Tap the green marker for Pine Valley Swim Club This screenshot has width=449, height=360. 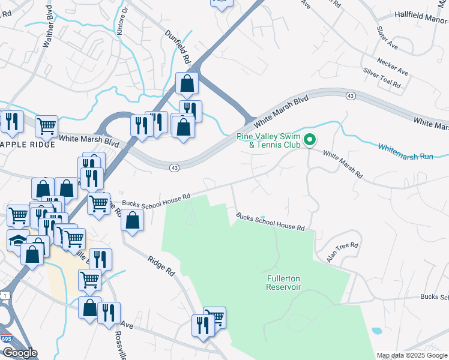pos(310,140)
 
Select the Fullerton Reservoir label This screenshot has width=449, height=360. pos(283,283)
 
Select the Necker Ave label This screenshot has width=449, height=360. pos(393,67)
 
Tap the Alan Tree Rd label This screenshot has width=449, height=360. pos(342,250)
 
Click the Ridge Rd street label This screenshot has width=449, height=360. pos(161,263)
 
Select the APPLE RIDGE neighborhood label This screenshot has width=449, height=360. pos(28,145)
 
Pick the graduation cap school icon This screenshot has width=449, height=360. pos(17,239)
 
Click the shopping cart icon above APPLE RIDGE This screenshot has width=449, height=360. pos(46,126)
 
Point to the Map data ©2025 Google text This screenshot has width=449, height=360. pos(411,355)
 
